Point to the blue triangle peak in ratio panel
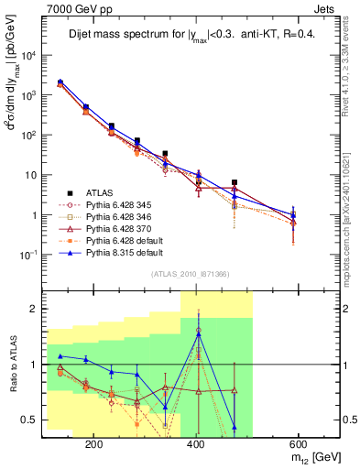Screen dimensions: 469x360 tap(198, 333)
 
